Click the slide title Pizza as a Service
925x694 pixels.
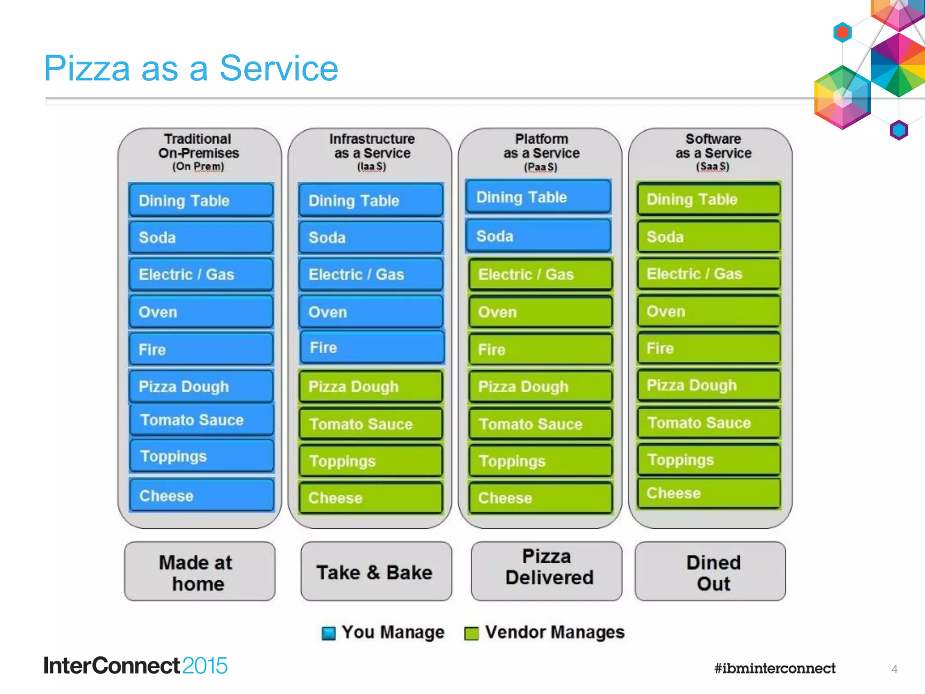(191, 68)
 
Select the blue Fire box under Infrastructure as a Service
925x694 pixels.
(372, 347)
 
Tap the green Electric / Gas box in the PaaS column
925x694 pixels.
(540, 274)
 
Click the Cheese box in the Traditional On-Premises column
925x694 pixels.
(201, 496)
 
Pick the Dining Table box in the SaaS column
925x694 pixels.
(709, 199)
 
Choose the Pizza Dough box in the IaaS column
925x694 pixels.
(370, 386)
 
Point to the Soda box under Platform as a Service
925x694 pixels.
(538, 236)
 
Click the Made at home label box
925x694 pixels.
(199, 572)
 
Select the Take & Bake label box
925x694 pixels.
(376, 572)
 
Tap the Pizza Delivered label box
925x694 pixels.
(546, 571)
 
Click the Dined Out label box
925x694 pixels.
(710, 572)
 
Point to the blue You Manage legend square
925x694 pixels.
(328, 633)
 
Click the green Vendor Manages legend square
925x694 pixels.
(471, 633)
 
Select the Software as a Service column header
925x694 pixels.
(713, 152)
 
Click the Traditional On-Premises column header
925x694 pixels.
(198, 152)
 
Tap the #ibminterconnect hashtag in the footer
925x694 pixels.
(775, 668)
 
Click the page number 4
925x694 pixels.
(894, 669)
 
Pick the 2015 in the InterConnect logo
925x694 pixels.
(205, 666)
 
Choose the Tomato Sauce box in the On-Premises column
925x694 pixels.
(201, 420)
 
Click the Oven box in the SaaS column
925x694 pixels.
(709, 311)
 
